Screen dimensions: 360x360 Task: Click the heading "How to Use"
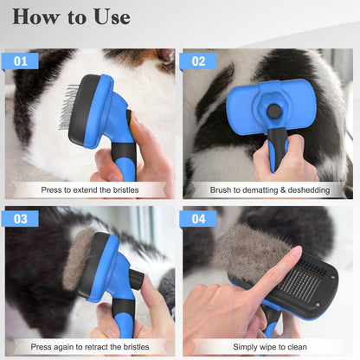72,16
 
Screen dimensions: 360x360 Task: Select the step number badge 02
198,61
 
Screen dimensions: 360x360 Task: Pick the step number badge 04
198,219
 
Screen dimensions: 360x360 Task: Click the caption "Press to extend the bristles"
89,189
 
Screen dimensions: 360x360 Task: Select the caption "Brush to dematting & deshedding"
267,189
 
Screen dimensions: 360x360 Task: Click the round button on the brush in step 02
274,111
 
